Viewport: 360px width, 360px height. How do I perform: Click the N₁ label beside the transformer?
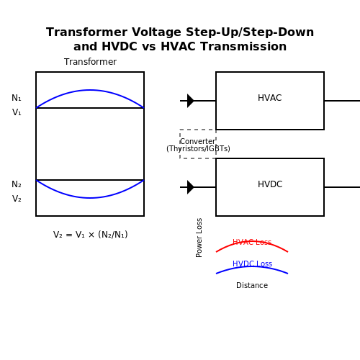[17, 98]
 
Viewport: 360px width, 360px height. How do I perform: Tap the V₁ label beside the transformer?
[17, 112]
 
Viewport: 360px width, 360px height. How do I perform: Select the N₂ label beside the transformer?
[17, 184]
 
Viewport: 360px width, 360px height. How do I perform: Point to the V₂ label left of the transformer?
[17, 199]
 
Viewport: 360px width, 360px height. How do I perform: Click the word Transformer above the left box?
[90, 62]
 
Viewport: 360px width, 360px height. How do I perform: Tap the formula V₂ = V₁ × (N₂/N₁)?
[90, 235]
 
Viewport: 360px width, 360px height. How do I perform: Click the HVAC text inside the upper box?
[270, 98]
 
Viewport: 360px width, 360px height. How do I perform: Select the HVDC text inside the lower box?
[270, 184]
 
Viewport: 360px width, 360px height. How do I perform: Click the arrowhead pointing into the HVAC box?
[191, 101]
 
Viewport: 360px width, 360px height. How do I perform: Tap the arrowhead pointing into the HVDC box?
[191, 187]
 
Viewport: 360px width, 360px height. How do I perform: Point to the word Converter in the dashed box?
[197, 141]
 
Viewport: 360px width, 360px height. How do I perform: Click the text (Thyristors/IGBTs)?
[198, 149]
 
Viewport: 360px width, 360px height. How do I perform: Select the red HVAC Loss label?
[252, 242]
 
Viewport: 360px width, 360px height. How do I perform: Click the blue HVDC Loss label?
[252, 264]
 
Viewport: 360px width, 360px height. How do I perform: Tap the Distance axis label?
[252, 285]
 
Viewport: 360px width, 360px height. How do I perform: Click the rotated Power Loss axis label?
[199, 238]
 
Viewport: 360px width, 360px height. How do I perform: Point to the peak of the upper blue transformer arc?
[90, 90]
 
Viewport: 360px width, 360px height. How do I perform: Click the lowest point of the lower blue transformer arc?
[90, 198]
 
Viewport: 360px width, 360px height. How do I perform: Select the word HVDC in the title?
[120, 47]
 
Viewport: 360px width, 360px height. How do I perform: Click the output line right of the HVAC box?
[342, 101]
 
